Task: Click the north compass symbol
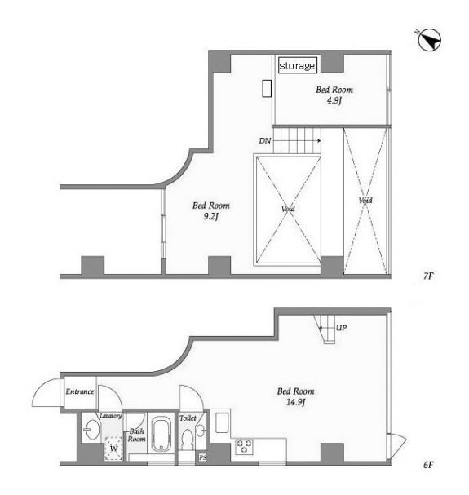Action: [429, 40]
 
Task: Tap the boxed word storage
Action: [297, 65]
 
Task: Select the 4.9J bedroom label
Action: [334, 95]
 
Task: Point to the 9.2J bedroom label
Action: [211, 211]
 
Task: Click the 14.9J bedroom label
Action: [295, 396]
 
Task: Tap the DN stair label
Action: [265, 141]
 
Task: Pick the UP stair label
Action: [341, 328]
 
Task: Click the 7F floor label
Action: [428, 276]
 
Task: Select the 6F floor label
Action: [428, 465]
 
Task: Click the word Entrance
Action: [80, 391]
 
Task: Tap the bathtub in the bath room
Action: [161, 434]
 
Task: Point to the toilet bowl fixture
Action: [188, 440]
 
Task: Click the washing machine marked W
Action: [113, 448]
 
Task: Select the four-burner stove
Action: [244, 447]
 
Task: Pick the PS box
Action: [203, 457]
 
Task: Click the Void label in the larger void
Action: [288, 209]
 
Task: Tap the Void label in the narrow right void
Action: [365, 200]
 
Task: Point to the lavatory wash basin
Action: [92, 429]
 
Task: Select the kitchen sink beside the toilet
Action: [222, 422]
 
